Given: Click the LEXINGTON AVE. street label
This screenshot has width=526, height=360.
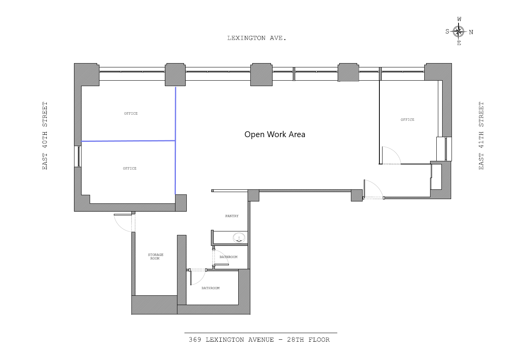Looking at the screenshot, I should tap(257, 38).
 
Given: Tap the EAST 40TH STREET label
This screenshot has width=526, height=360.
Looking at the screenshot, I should tap(45, 136).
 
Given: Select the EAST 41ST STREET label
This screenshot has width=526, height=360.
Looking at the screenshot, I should tap(481, 136).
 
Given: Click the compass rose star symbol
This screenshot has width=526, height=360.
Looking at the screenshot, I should tap(459, 31).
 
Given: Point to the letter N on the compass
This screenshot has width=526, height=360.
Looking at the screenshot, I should tap(471, 32).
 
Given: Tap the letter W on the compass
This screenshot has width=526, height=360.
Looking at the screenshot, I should tap(459, 19).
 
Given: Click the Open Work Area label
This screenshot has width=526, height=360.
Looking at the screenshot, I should tap(275, 134).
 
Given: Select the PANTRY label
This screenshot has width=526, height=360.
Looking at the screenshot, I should tap(232, 216).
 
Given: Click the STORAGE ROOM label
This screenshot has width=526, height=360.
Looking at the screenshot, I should tap(155, 256).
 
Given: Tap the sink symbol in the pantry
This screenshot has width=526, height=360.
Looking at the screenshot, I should tap(239, 237).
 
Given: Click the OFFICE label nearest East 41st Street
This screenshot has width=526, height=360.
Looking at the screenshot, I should tap(407, 120).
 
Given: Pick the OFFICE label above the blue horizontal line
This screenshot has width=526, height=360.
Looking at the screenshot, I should tap(131, 113).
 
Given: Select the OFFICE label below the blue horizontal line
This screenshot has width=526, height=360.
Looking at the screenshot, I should tap(129, 168).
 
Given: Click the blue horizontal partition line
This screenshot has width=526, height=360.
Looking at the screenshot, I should tap(128, 141).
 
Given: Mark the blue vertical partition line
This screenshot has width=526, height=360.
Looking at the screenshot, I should tap(175, 140).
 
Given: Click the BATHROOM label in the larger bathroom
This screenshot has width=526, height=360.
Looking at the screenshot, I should tap(210, 288).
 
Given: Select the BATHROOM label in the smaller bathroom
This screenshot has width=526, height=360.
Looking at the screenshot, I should tap(228, 257).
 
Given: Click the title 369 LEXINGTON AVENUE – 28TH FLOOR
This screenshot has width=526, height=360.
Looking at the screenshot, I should tap(259, 340).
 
